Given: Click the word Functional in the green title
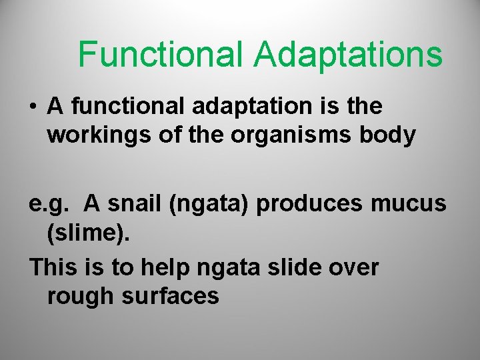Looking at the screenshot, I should coord(161,54).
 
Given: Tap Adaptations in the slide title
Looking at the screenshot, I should coord(347,54).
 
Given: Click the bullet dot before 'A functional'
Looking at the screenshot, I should coord(33,107).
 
